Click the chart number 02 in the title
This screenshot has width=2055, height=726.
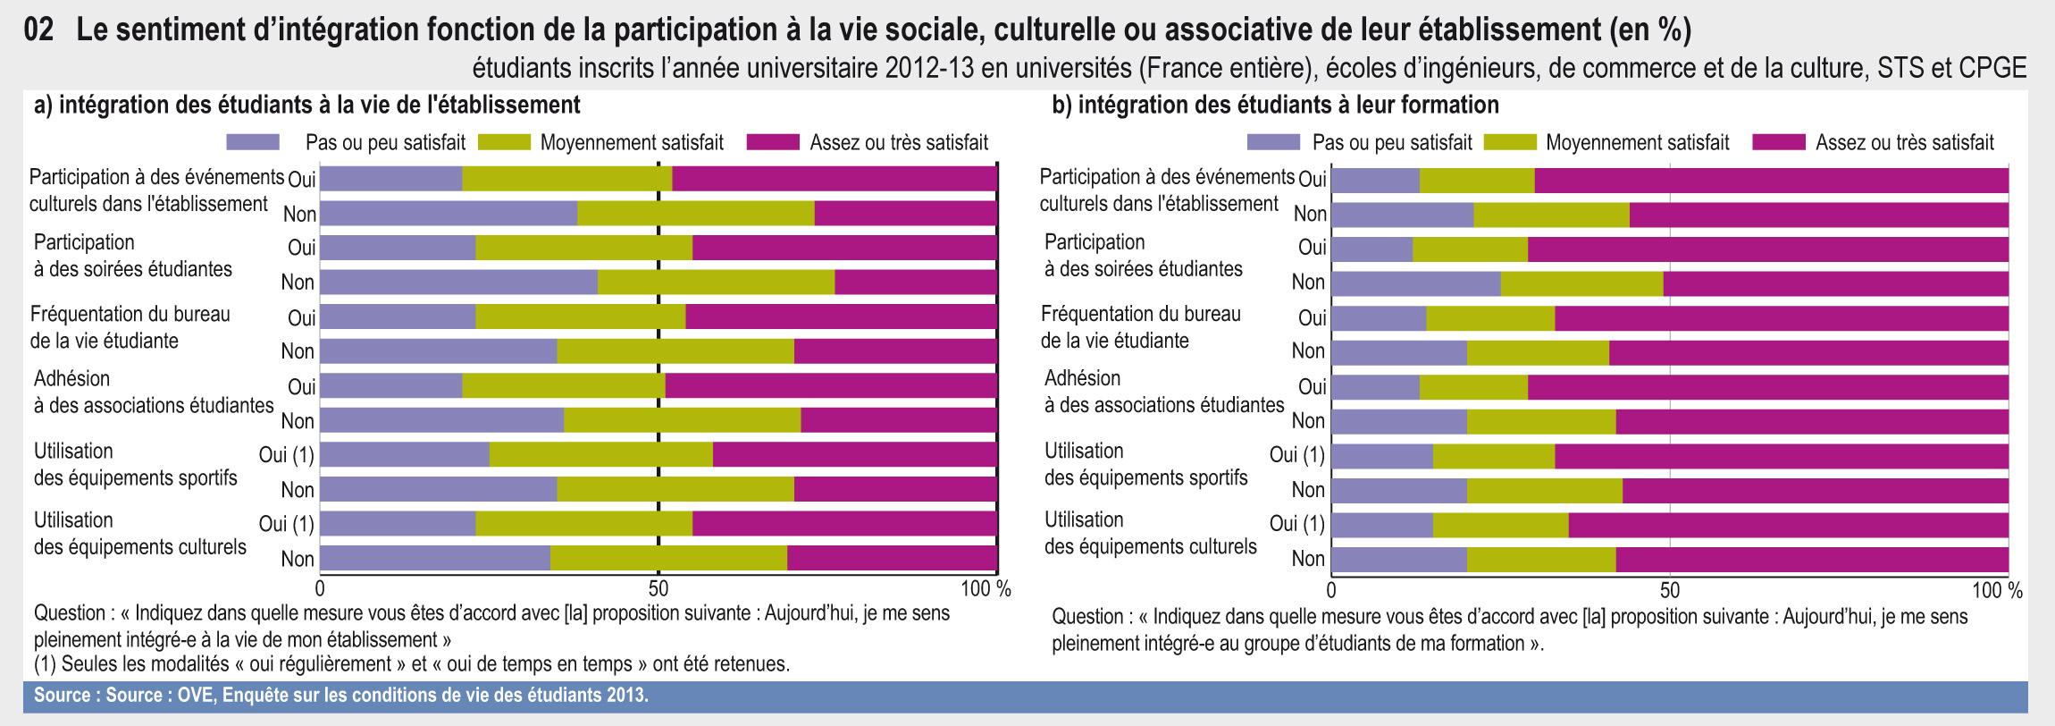[x=42, y=30]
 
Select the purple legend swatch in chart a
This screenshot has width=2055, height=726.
[x=254, y=142]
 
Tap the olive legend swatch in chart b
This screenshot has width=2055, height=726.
[x=1510, y=142]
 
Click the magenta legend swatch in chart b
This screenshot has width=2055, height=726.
[x=1782, y=142]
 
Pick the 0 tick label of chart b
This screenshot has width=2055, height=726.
[x=1331, y=591]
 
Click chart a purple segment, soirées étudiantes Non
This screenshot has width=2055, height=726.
[x=458, y=283]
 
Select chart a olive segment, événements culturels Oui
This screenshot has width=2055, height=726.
[x=567, y=179]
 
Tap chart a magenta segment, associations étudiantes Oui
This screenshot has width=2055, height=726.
[x=831, y=386]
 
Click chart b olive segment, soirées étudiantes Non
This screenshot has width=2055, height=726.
[x=1582, y=283]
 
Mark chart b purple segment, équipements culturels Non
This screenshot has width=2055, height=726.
[x=1399, y=559]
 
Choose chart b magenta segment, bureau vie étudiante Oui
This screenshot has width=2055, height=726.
[x=1782, y=317]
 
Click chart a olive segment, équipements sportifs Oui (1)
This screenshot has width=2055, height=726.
[x=601, y=455]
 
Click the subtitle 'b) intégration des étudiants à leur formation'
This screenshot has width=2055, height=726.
[x=1275, y=106]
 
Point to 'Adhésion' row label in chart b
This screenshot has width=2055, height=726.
[x=1083, y=378]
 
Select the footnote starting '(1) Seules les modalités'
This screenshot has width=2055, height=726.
[x=411, y=664]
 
